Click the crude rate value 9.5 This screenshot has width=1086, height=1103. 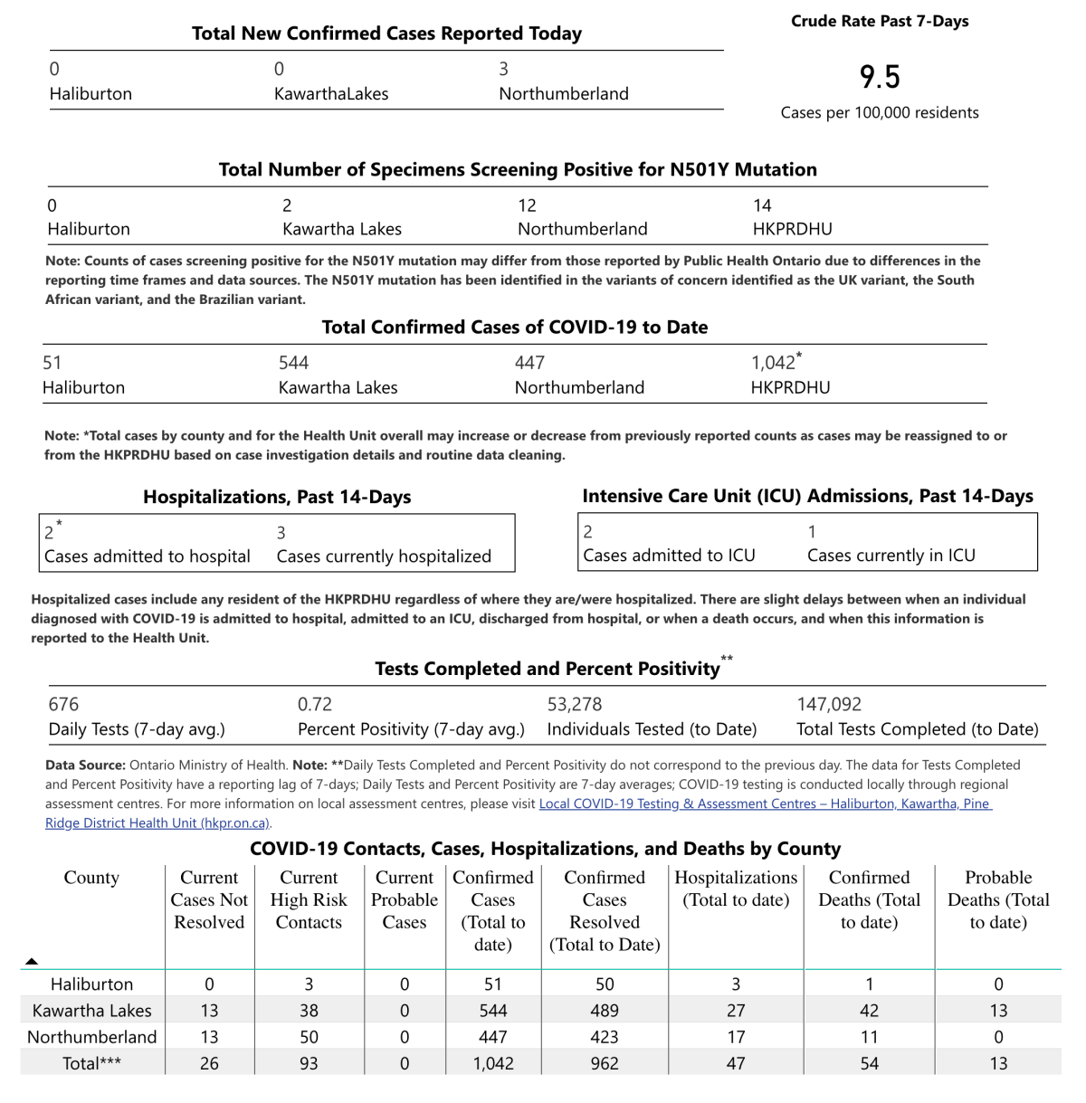[880, 77]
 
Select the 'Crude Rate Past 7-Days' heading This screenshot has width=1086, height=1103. [880, 21]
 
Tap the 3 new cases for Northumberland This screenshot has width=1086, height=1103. [504, 69]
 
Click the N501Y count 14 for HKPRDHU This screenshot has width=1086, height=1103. [763, 205]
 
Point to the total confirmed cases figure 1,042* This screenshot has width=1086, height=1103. [776, 363]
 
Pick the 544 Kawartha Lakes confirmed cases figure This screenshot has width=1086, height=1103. [294, 363]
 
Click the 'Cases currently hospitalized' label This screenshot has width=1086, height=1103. [384, 556]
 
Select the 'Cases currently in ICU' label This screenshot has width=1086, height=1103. [891, 556]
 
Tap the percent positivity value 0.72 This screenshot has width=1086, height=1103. [315, 704]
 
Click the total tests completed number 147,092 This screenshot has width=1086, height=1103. [829, 704]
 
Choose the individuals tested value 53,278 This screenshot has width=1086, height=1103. [575, 704]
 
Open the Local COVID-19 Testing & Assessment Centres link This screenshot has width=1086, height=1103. [765, 803]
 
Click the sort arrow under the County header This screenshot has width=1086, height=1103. [32, 961]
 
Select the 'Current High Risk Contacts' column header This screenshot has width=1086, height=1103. [309, 899]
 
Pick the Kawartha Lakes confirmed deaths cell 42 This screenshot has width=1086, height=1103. [870, 1011]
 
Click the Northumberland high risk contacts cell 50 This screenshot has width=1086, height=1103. [309, 1037]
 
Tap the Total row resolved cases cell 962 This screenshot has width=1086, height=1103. [605, 1063]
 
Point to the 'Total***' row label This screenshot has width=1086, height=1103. [91, 1063]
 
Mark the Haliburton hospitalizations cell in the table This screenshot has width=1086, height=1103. [736, 984]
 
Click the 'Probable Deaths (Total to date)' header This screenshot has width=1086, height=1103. [998, 899]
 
